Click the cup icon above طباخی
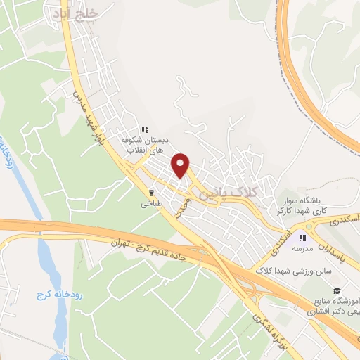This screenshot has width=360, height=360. pos(151,192)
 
